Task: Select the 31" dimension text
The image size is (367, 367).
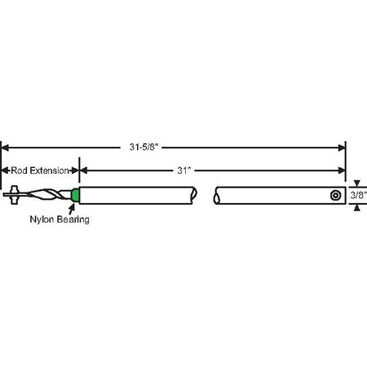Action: [185, 170]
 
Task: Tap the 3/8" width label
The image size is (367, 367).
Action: [357, 196]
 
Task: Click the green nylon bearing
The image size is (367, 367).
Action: [76, 196]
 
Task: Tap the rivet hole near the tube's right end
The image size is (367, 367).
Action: [335, 196]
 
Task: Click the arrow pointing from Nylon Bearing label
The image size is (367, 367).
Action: [71, 208]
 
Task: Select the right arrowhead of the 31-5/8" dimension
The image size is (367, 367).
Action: [342, 148]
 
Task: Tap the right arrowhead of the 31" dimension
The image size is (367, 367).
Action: [342, 170]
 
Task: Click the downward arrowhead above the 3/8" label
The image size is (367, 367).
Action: [356, 184]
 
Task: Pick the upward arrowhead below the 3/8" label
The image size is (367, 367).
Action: [356, 206]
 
